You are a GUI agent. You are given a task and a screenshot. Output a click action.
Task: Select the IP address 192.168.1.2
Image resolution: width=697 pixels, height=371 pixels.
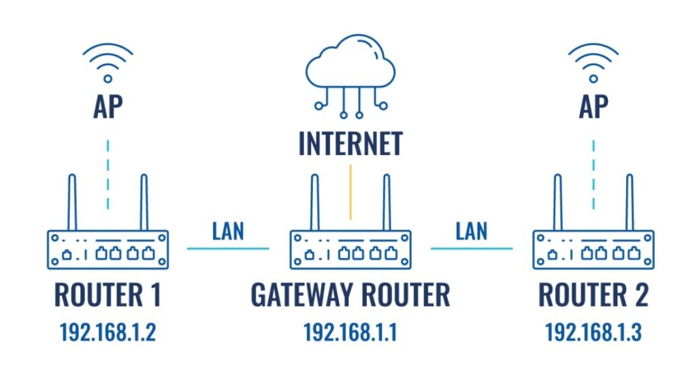pos(107,332)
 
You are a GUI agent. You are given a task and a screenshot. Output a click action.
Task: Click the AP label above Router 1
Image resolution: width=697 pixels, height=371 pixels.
pos(107,108)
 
